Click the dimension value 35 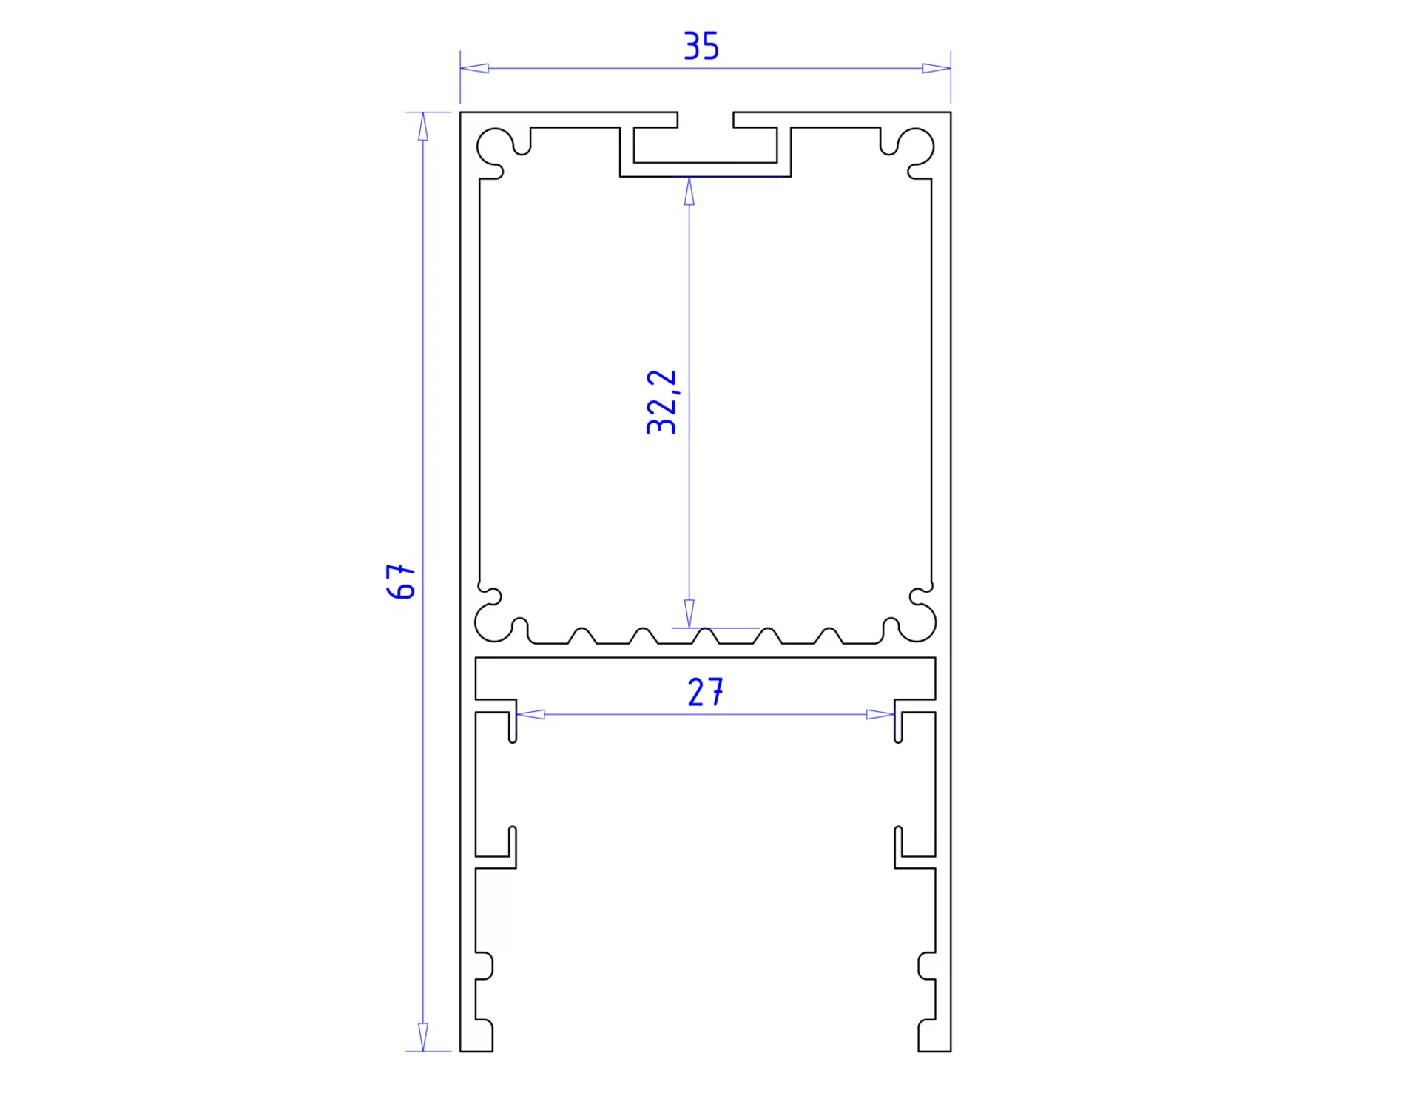tap(701, 46)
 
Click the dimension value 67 tap(402, 581)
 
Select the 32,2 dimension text tap(661, 402)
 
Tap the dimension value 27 tap(705, 693)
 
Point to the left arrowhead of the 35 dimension tap(474, 68)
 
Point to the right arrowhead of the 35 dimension tap(937, 68)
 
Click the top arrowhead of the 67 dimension tap(423, 127)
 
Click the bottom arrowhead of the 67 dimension tap(423, 1037)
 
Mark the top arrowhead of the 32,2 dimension tap(689, 192)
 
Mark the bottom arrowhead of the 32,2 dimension tap(689, 613)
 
